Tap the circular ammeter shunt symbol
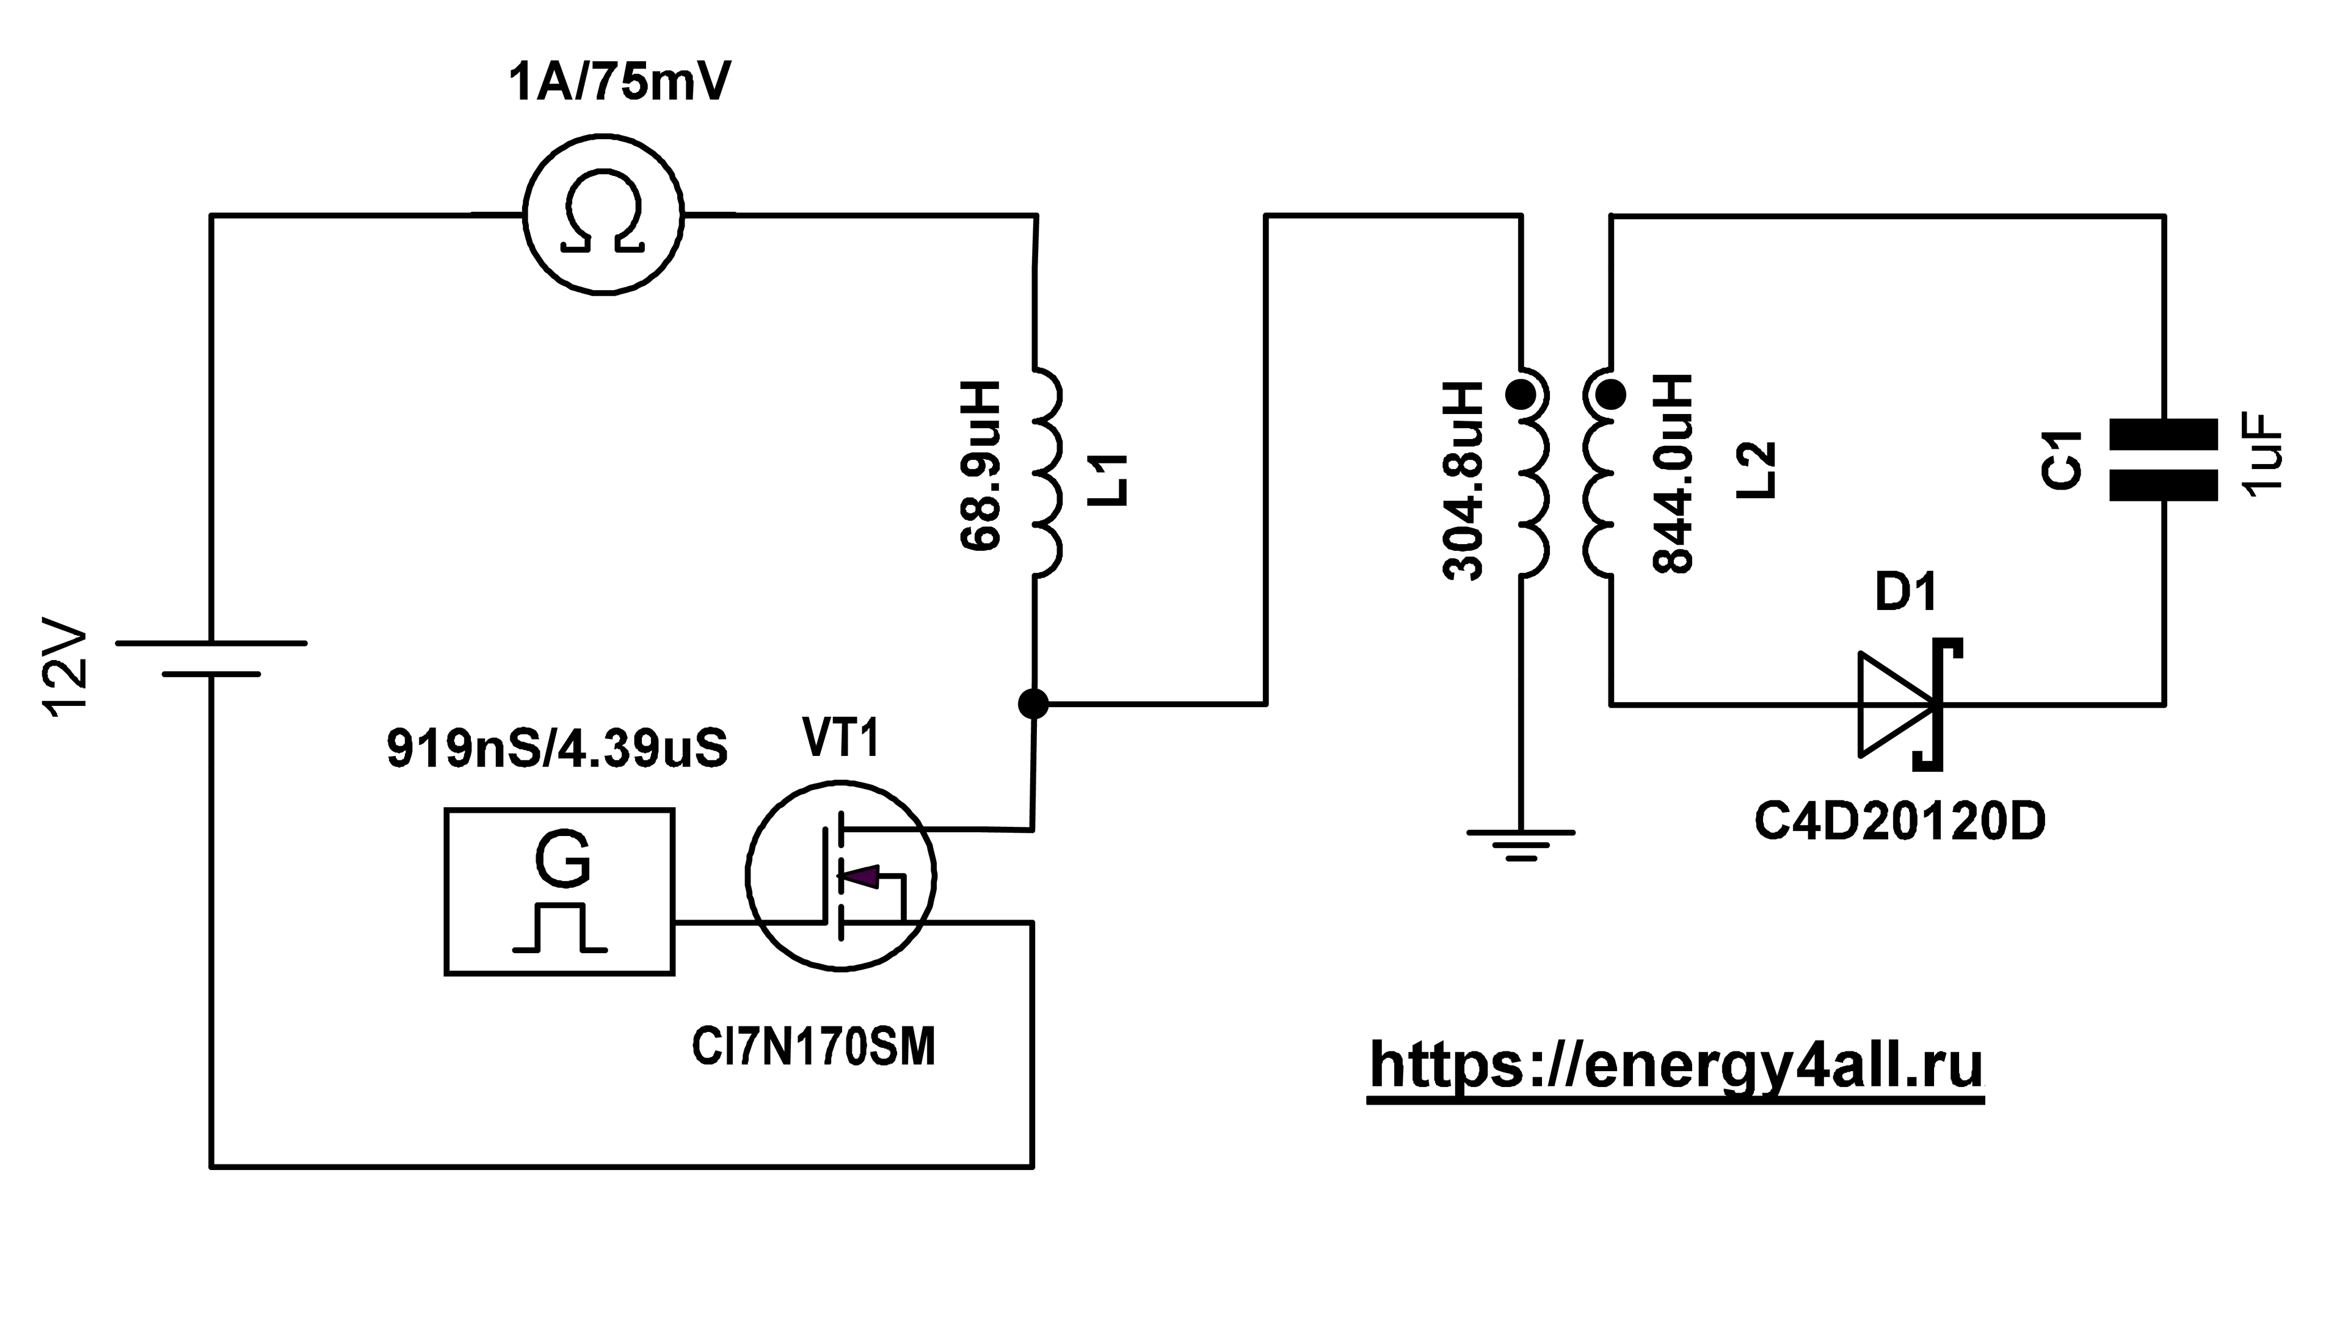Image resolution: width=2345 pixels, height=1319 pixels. (x=603, y=215)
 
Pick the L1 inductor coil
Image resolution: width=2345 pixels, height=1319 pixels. (x=1047, y=471)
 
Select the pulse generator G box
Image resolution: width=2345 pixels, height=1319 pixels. (x=559, y=891)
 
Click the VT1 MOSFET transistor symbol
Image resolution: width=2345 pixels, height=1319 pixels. (x=841, y=876)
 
